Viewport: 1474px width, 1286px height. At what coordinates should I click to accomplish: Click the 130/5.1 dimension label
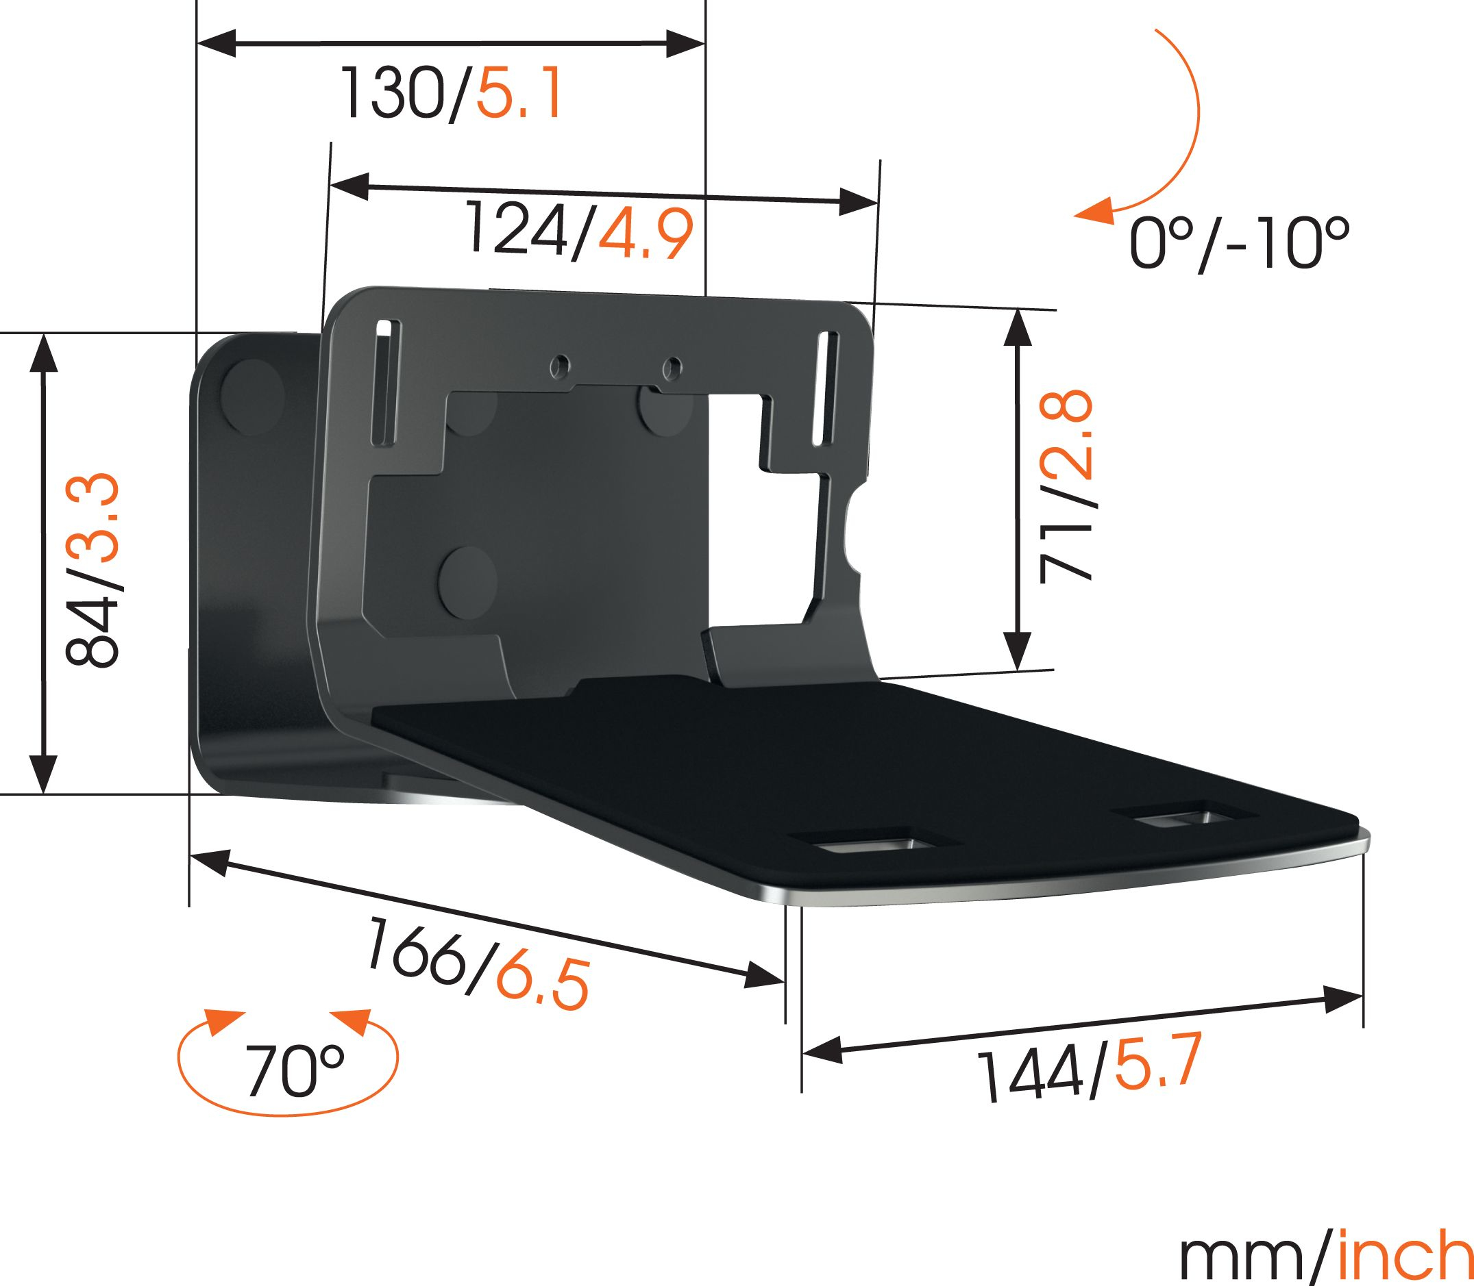(x=451, y=94)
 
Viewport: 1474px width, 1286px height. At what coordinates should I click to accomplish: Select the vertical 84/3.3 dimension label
(x=91, y=568)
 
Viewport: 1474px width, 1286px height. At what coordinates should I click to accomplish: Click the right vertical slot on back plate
(x=824, y=388)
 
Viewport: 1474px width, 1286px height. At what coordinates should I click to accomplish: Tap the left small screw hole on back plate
(x=557, y=368)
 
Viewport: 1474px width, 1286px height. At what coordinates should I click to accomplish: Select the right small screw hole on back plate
(x=672, y=368)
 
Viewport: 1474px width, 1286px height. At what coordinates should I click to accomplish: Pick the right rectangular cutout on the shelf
(x=1183, y=818)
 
